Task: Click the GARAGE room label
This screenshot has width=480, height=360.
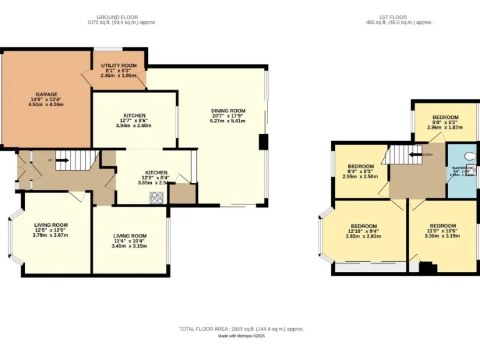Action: pos(46,94)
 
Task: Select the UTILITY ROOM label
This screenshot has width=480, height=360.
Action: pos(119,65)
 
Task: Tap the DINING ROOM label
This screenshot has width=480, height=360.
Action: pos(228,111)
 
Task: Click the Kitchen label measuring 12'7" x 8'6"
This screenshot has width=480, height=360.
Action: pos(134,116)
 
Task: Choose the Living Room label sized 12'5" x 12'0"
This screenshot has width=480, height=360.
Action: pos(51,225)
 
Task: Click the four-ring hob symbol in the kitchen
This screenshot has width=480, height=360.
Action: pos(156,197)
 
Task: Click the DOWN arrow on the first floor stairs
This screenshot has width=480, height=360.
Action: pos(415,154)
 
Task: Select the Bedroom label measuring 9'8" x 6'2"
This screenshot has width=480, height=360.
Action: pos(446,117)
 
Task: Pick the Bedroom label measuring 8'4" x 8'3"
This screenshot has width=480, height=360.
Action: pos(361,167)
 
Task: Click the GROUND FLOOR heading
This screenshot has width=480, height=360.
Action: pos(121,17)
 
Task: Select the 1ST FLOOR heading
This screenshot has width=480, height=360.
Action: pos(399,17)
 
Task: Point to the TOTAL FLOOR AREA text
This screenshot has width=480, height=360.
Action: pos(241,329)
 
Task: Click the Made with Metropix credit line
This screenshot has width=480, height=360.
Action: pos(241,336)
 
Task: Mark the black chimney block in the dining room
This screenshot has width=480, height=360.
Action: pos(263,142)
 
